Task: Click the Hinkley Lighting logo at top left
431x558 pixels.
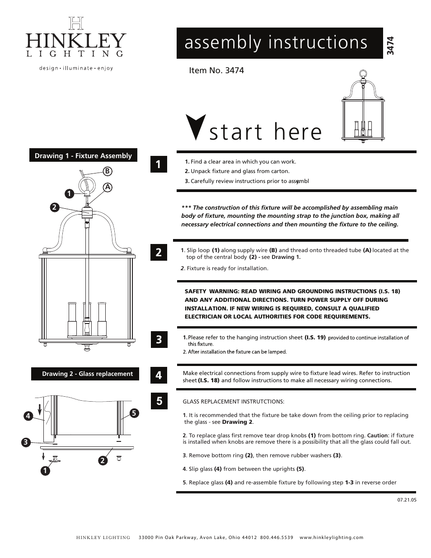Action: click(x=75, y=38)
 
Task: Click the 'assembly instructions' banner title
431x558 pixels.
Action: click(x=276, y=42)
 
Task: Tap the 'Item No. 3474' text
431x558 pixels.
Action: click(x=216, y=70)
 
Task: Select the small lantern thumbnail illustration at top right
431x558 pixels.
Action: click(x=363, y=107)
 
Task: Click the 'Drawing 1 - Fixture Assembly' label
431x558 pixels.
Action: click(x=83, y=156)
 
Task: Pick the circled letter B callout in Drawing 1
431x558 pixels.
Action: click(x=108, y=171)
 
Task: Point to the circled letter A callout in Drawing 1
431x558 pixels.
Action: click(x=108, y=187)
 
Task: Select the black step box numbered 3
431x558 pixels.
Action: click(x=159, y=339)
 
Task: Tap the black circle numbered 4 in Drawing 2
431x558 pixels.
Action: click(x=28, y=416)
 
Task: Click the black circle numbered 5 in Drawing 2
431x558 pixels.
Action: click(x=134, y=413)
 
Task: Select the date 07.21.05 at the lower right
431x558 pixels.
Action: click(x=407, y=500)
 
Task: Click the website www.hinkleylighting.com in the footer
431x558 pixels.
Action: click(x=331, y=537)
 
